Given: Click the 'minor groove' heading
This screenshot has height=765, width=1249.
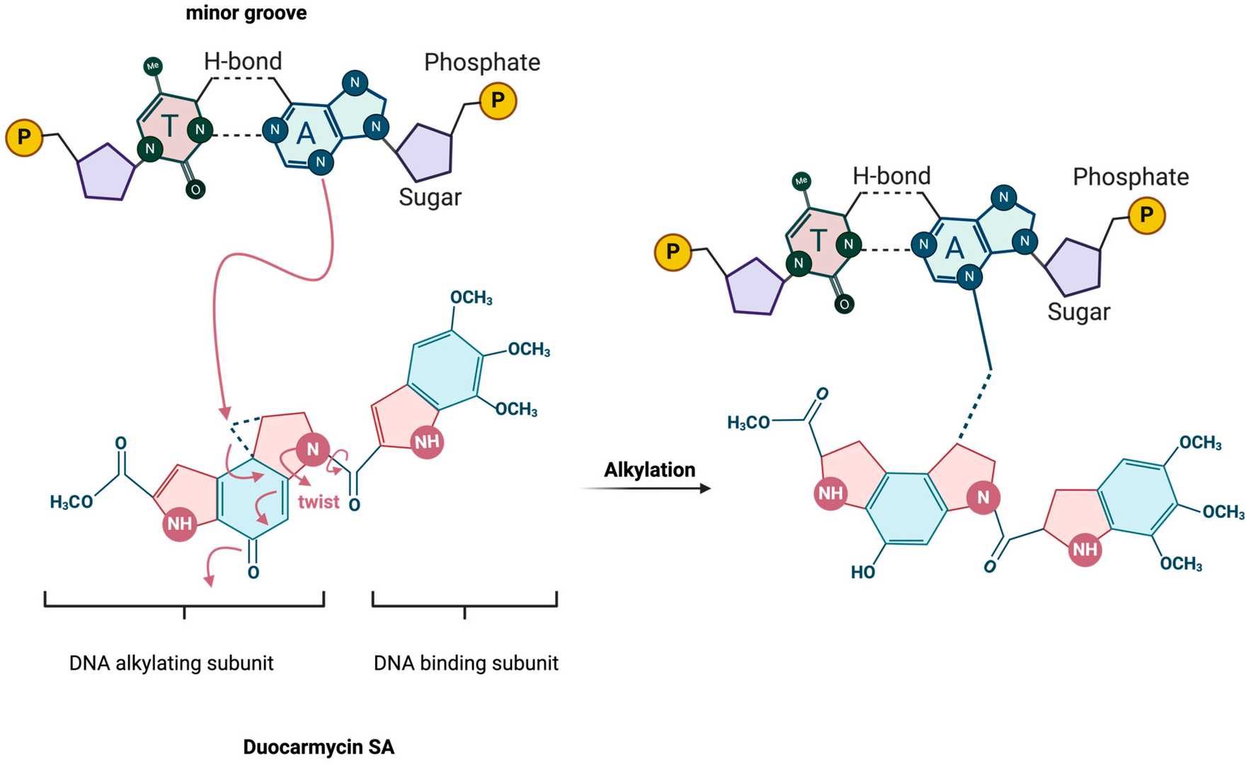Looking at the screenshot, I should (246, 13).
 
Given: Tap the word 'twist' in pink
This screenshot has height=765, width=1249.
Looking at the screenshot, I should (319, 501).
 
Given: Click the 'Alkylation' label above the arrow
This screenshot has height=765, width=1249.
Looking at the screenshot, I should (649, 470).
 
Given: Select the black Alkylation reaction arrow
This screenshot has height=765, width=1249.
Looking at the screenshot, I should (646, 488).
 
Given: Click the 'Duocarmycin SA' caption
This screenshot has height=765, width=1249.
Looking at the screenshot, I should (319, 747).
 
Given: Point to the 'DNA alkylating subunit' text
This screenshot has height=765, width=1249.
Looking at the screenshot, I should (171, 663).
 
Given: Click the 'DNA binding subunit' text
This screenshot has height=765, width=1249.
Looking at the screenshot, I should (466, 663).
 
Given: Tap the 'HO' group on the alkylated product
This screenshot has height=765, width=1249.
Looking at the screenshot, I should (863, 572).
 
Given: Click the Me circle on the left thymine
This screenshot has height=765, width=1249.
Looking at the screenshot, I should (152, 66).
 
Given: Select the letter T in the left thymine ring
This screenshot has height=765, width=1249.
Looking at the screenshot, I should (169, 125).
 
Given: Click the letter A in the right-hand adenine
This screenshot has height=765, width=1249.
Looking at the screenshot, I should (954, 248).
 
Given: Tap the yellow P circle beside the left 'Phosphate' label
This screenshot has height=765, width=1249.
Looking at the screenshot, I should (498, 101).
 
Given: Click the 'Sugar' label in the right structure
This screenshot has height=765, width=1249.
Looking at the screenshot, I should (1078, 312).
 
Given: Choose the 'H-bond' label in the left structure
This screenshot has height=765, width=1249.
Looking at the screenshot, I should (243, 61).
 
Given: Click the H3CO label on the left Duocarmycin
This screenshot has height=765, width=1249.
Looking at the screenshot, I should (71, 502).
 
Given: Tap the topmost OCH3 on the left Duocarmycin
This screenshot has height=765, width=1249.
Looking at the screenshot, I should (471, 297).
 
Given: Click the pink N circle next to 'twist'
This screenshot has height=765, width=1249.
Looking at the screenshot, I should (312, 449).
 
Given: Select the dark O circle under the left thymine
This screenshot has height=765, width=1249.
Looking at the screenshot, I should (195, 189).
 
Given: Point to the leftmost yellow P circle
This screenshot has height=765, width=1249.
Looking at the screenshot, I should (24, 137).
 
